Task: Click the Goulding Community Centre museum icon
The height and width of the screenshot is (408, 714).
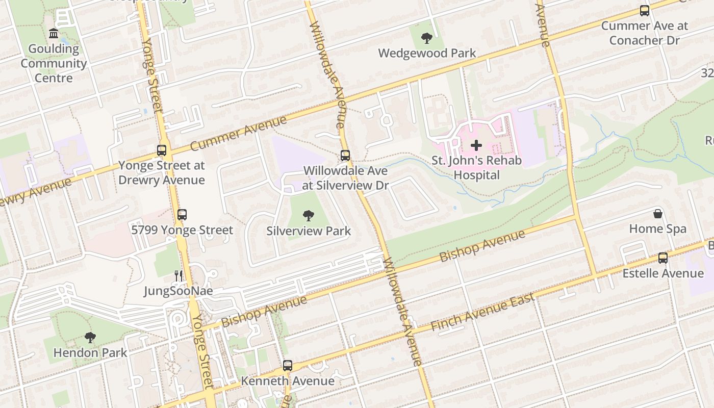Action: [x=53, y=34]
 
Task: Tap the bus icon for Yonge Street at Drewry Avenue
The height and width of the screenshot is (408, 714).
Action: [x=162, y=150]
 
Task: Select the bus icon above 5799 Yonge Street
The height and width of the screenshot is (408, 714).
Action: [x=182, y=215]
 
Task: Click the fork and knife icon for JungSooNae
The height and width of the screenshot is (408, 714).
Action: [x=178, y=276]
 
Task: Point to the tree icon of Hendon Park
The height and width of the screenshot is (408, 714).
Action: [x=90, y=337]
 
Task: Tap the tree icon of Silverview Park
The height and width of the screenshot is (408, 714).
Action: [x=309, y=216]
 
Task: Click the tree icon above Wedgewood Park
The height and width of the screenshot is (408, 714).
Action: [x=427, y=38]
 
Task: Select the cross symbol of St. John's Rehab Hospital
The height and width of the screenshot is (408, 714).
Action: [x=476, y=145]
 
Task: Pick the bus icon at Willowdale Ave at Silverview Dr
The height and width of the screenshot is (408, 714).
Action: [x=345, y=156]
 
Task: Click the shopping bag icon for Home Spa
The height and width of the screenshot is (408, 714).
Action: [x=658, y=214]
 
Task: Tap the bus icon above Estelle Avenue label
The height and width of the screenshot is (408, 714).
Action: [x=663, y=258]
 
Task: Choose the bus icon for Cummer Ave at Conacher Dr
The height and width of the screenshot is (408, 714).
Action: [x=645, y=11]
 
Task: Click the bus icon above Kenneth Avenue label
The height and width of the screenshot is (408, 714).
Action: [x=288, y=366]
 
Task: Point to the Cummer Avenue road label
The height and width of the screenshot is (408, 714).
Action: [x=239, y=134]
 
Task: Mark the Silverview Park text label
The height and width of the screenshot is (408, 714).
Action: [x=309, y=231]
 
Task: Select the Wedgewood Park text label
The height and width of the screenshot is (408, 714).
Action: [x=427, y=53]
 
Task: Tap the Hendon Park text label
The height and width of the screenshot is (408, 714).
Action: [x=90, y=352]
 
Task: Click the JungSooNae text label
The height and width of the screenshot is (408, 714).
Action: [x=178, y=291]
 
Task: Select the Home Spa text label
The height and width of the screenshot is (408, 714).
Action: [x=658, y=229]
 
